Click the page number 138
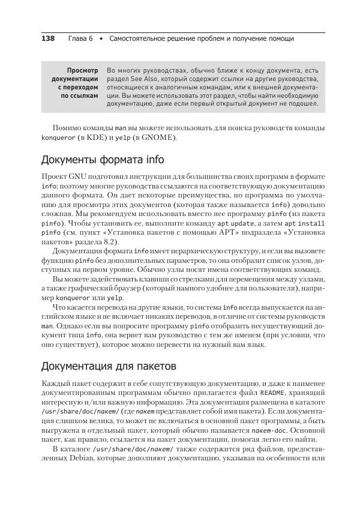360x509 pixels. coord(47,38)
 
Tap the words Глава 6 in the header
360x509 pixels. coord(80,38)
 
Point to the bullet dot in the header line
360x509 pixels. coord(101,38)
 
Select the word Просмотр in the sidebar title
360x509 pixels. coord(82,70)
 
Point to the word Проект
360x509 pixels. coord(54,178)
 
